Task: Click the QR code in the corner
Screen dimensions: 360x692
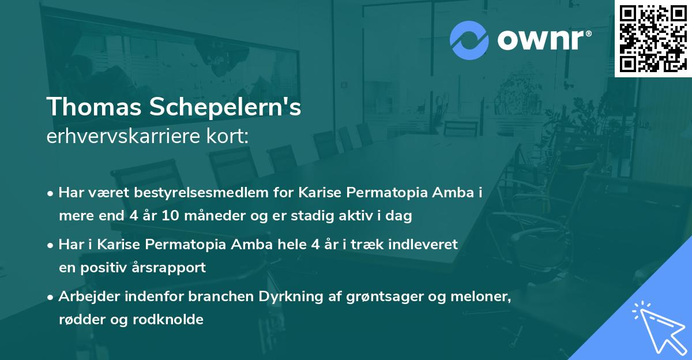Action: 653,38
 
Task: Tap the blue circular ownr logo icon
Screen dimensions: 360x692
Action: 469,40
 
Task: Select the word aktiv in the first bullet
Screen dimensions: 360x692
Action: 344,216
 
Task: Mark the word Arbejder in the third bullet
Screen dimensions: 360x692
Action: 85,297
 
